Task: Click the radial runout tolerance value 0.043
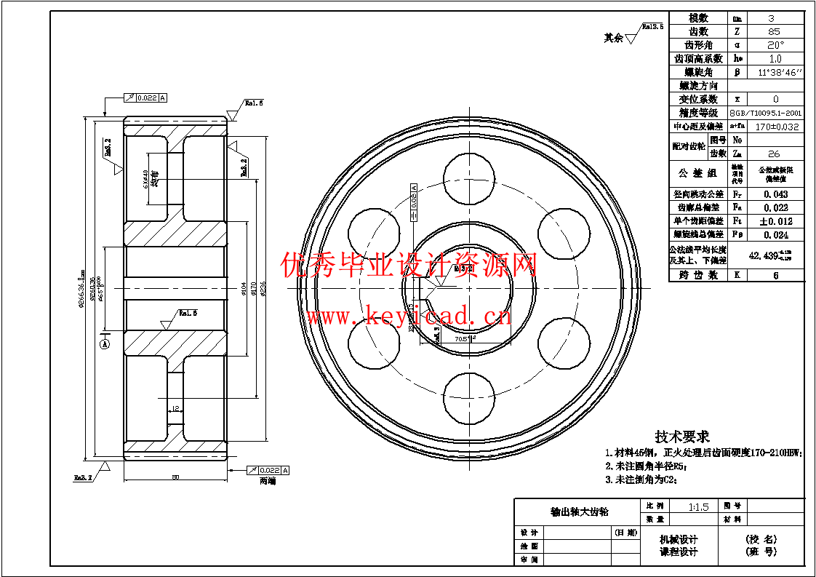[x=776, y=194]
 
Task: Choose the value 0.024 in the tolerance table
[x=776, y=235]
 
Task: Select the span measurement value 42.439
[x=772, y=255]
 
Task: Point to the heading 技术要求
[x=681, y=436]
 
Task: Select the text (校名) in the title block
[x=761, y=539]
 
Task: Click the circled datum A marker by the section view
[x=105, y=343]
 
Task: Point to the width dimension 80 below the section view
[x=175, y=477]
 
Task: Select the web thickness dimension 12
[x=176, y=408]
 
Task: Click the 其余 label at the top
[x=613, y=38]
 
